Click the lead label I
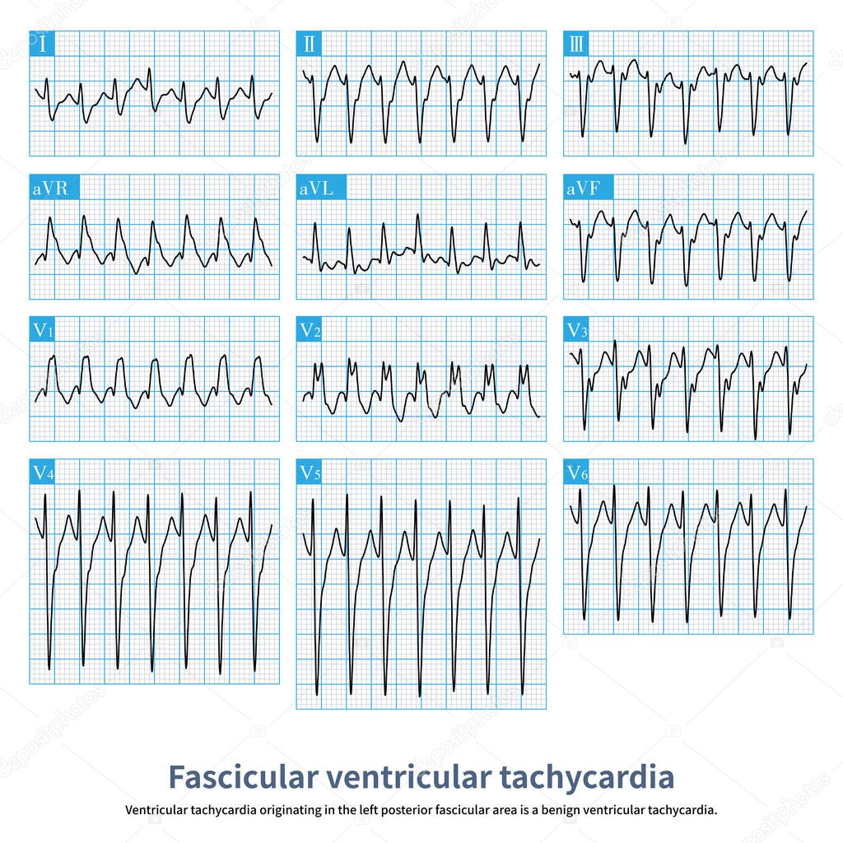42,44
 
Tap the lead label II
309,44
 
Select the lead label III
576,44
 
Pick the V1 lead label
44,330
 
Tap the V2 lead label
310,330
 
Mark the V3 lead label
577,330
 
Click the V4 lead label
44,473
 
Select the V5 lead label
310,473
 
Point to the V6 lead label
577,473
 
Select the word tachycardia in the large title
586,776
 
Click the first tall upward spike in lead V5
313,496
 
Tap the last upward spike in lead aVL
520,225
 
